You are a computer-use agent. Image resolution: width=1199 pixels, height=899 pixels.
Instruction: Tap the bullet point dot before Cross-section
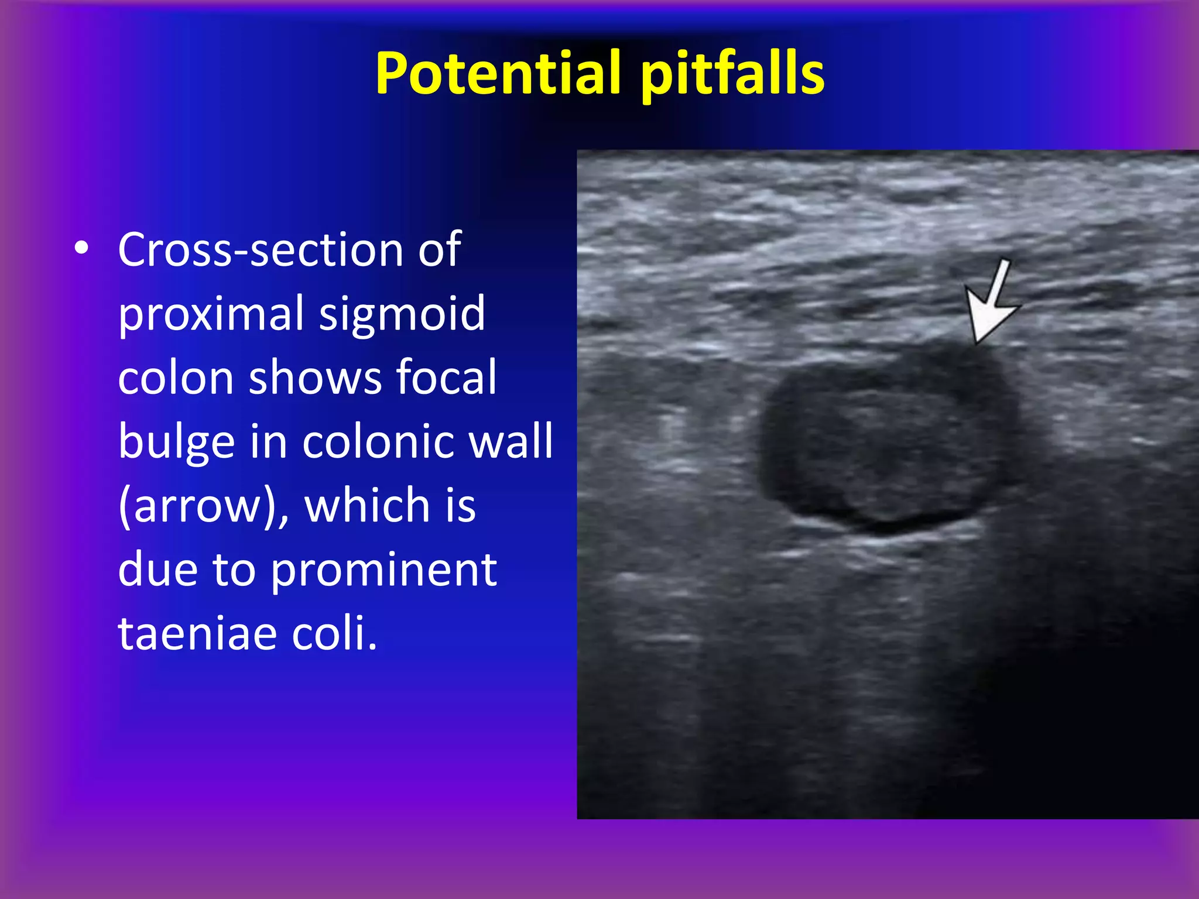(x=82, y=249)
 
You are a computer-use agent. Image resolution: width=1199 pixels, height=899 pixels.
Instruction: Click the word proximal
(x=210, y=314)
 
